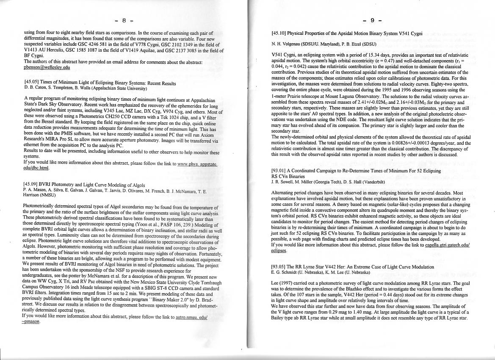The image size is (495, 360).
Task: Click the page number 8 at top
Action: [124, 20]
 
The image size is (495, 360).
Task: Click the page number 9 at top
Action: [372, 20]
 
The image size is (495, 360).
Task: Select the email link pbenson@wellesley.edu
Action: [47, 67]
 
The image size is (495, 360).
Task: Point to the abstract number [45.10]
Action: [279, 33]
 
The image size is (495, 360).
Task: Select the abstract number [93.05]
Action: [279, 267]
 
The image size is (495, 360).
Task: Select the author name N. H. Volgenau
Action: [287, 44]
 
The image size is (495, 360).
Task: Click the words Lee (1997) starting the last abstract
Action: [282, 283]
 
